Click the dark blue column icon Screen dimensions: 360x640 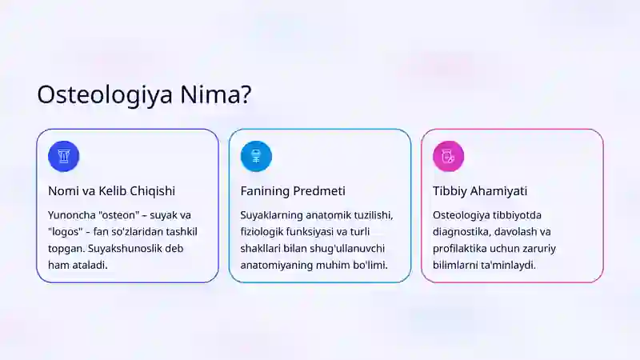pyautogui.click(x=64, y=156)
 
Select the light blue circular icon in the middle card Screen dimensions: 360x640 pyautogui.click(x=256, y=156)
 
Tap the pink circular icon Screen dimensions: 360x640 pyautogui.click(x=448, y=156)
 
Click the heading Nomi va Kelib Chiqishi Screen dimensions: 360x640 pyautogui.click(x=111, y=191)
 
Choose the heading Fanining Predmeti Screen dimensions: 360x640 pyautogui.click(x=293, y=191)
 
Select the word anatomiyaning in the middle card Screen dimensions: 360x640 pyautogui.click(x=279, y=266)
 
